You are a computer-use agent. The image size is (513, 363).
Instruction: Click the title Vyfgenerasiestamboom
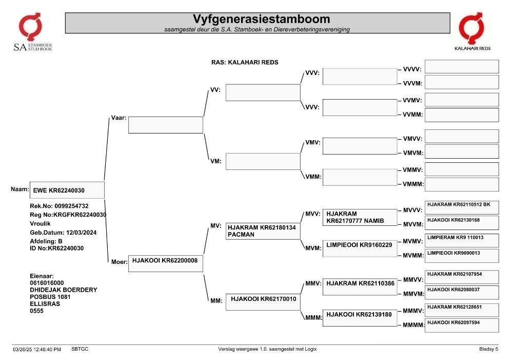pos(261,19)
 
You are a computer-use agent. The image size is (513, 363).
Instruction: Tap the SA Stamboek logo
pos(32,32)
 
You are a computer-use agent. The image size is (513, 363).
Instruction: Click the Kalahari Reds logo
pos(472,31)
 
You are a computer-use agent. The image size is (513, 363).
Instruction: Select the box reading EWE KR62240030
pos(67,190)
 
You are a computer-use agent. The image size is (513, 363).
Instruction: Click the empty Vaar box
pos(166,125)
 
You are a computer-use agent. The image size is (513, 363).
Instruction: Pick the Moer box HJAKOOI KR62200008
pos(166,263)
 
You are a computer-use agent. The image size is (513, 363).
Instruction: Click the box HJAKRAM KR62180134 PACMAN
pos(263,231)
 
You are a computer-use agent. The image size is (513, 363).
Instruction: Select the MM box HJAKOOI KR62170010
pos(263,302)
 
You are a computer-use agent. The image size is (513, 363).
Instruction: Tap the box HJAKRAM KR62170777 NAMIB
pos(360,217)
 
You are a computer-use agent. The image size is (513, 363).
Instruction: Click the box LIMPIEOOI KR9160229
pos(360,248)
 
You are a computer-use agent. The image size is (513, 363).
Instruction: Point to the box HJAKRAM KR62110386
pos(360,287)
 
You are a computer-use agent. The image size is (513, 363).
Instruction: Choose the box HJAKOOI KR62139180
pos(360,318)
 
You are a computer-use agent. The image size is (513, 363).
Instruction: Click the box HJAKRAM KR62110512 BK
pos(462,207)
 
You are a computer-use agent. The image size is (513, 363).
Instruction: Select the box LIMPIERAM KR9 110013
pos(462,240)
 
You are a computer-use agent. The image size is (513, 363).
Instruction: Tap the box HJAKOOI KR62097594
pos(462,326)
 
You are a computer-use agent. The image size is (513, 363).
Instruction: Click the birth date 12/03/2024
pos(82,233)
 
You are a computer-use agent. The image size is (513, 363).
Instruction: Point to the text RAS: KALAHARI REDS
pos(245,62)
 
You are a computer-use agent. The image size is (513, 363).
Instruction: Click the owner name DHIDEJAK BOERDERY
pos(64,290)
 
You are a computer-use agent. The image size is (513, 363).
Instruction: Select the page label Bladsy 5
pos(489,349)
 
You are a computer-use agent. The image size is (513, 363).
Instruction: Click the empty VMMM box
pos(462,185)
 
